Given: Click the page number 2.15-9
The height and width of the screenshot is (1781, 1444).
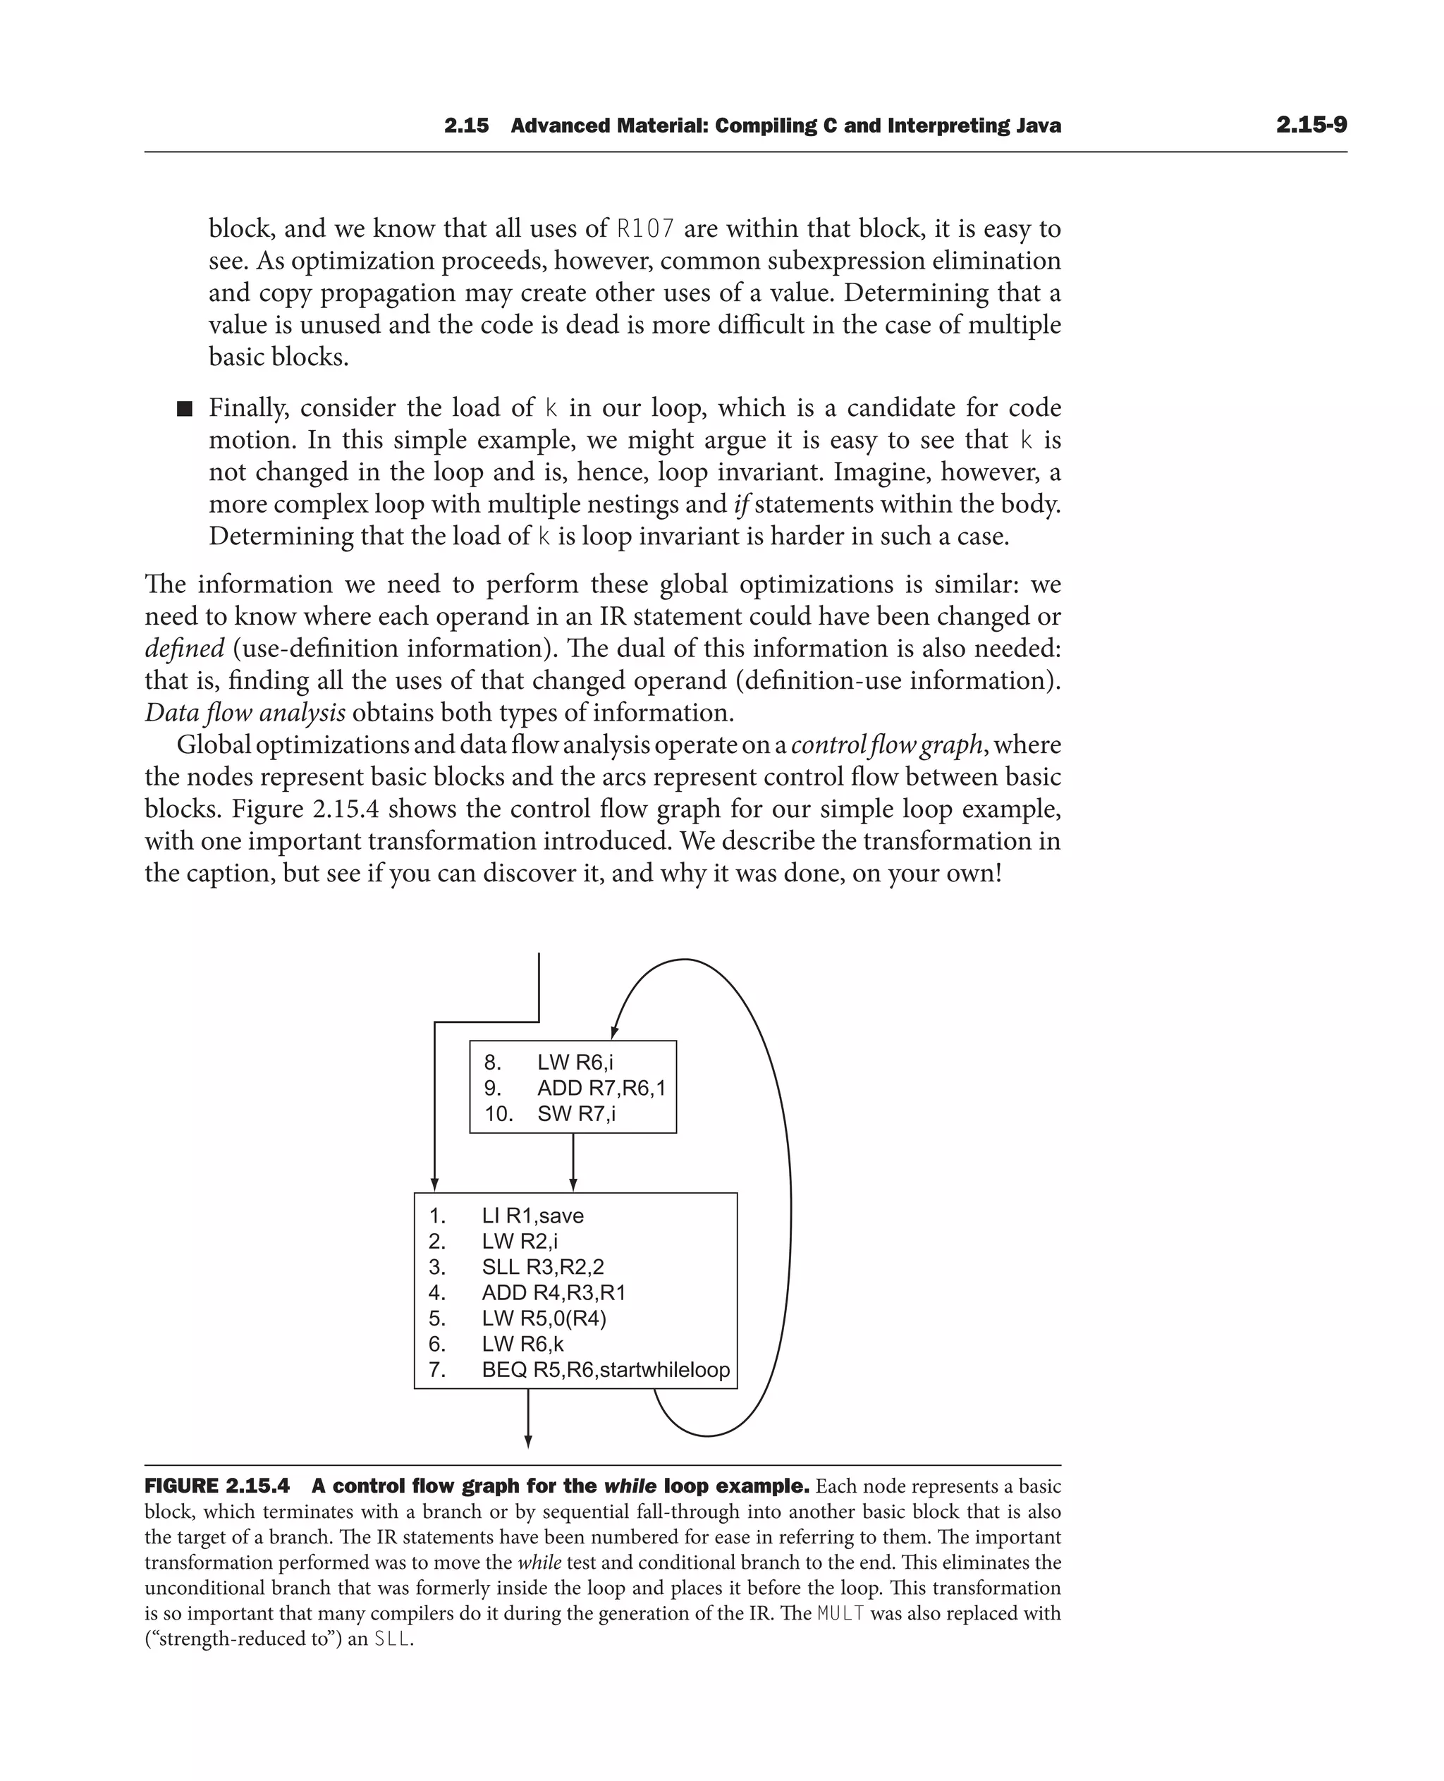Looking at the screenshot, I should pos(1311,126).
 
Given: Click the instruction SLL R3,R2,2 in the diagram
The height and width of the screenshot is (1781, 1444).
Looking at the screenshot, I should pos(542,1267).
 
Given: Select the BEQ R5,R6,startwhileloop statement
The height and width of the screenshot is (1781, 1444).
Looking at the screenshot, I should pos(605,1370).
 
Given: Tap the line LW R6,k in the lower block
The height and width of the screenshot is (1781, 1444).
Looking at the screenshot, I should pos(522,1345).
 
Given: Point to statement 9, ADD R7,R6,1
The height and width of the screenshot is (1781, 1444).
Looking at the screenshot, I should pos(601,1088).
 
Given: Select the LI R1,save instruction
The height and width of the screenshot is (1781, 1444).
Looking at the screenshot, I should pos(532,1216).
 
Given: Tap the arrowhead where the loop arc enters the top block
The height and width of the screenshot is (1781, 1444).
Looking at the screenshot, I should pos(614,1032).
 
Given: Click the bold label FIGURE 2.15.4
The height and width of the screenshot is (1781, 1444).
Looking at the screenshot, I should pos(217,1486).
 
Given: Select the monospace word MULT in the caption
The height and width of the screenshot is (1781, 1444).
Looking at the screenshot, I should pos(841,1614).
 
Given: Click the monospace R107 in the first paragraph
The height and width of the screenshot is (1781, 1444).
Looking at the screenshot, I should pos(644,228).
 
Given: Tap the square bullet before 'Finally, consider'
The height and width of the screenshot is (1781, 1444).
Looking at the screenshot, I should pos(185,408).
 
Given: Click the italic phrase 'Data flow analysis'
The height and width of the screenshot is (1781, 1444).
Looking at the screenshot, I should pos(245,713).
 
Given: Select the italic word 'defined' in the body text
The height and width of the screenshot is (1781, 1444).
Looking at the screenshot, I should pos(184,649).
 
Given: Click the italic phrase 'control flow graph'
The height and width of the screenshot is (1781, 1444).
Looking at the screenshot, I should pos(887,745).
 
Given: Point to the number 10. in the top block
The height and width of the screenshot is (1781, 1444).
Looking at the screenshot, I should pos(498,1114).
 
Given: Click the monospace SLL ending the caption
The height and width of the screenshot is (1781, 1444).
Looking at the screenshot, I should pos(392,1639).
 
